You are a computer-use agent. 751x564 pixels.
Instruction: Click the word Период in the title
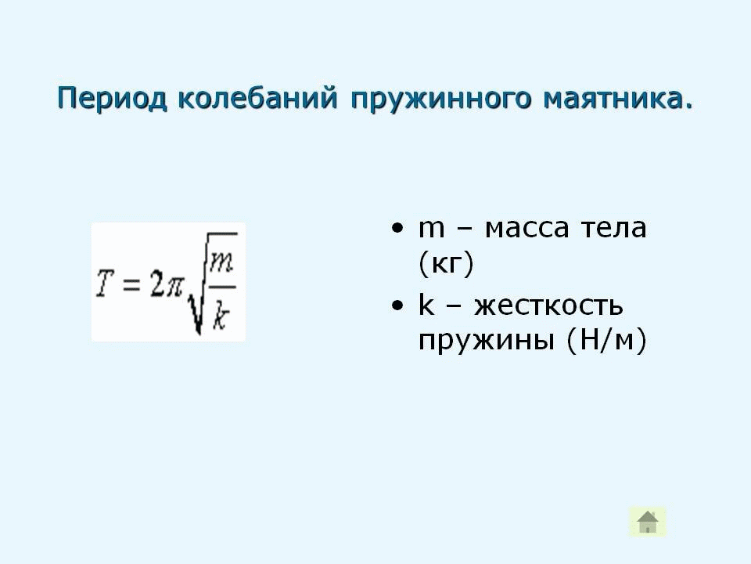click(113, 99)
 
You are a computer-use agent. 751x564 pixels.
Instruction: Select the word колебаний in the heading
click(257, 99)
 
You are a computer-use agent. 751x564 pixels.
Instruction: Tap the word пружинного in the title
click(440, 99)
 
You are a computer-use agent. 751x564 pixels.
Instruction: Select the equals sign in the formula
click(131, 284)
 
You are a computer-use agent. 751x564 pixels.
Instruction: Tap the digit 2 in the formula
click(156, 284)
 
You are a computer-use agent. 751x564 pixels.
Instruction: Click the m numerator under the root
click(221, 263)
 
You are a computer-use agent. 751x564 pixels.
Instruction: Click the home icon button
click(648, 522)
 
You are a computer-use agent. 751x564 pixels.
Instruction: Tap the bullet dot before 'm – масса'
click(397, 228)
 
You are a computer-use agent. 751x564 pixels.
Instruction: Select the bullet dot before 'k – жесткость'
click(397, 305)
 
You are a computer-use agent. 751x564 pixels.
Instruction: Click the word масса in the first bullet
click(526, 229)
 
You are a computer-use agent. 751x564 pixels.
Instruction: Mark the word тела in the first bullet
click(613, 229)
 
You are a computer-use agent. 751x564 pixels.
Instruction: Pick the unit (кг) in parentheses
click(446, 263)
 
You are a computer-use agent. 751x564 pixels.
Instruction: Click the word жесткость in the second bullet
click(549, 306)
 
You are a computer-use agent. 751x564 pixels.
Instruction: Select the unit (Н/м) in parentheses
click(606, 340)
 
